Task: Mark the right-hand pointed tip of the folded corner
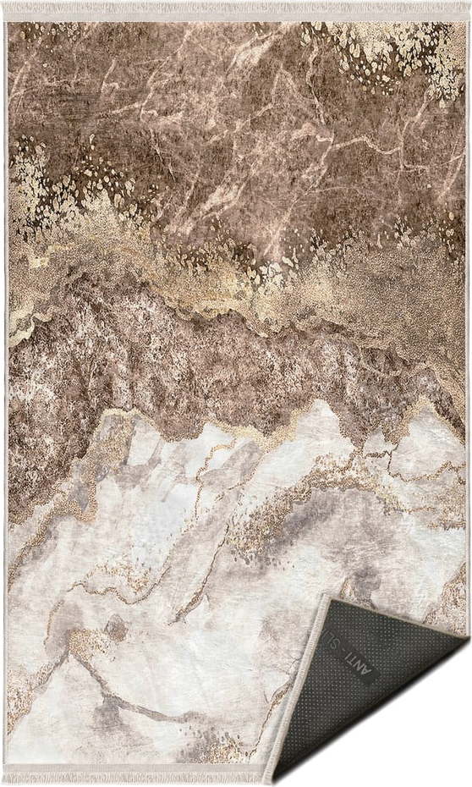(x=466, y=641)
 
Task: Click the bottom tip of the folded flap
(x=272, y=779)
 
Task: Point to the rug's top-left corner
(x=7, y=22)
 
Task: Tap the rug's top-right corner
(x=464, y=22)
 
